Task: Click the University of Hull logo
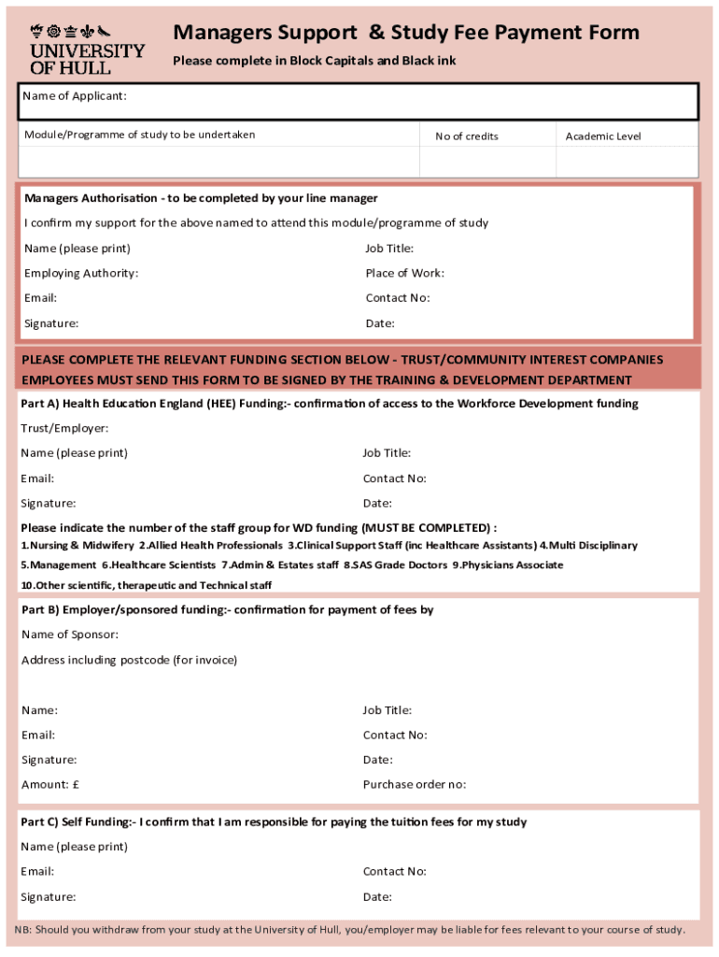click(87, 50)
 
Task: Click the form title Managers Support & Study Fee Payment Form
click(406, 34)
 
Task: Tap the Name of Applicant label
click(76, 96)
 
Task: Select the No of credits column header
click(467, 136)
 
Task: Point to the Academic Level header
click(603, 136)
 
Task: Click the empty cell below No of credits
click(486, 162)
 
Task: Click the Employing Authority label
click(81, 273)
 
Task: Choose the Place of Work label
click(404, 273)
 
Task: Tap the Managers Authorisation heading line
click(201, 198)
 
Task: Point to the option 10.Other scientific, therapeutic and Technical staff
click(147, 586)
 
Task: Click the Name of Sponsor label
click(70, 635)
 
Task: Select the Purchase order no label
click(414, 784)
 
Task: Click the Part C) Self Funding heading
click(274, 822)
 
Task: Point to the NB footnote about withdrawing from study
click(349, 930)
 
